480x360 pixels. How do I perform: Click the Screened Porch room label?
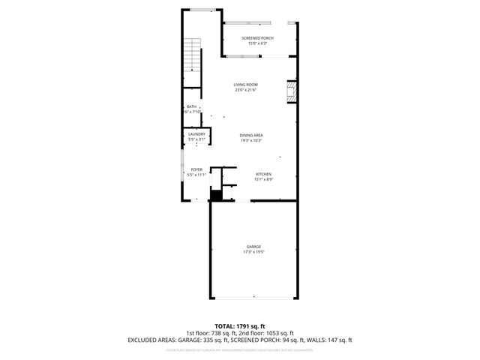click(x=257, y=37)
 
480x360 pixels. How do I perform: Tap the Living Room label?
click(x=245, y=85)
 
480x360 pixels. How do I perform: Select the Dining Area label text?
click(x=250, y=135)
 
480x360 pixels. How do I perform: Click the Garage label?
click(x=253, y=247)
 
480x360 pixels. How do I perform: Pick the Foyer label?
click(x=196, y=169)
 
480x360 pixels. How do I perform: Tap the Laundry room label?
click(x=196, y=134)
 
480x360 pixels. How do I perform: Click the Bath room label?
click(x=191, y=106)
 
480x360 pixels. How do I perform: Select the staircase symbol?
click(x=193, y=55)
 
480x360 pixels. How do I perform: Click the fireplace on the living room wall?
click(x=292, y=93)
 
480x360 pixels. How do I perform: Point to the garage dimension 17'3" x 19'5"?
click(x=253, y=253)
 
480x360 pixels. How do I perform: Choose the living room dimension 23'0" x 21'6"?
click(x=245, y=91)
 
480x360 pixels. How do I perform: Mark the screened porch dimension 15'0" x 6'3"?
click(x=257, y=43)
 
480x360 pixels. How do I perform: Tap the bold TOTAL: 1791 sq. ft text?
click(x=239, y=326)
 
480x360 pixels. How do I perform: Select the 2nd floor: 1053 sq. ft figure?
click(x=267, y=333)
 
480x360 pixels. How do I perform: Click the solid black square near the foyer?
click(x=216, y=195)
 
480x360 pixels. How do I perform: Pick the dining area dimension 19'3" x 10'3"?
click(x=250, y=141)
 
